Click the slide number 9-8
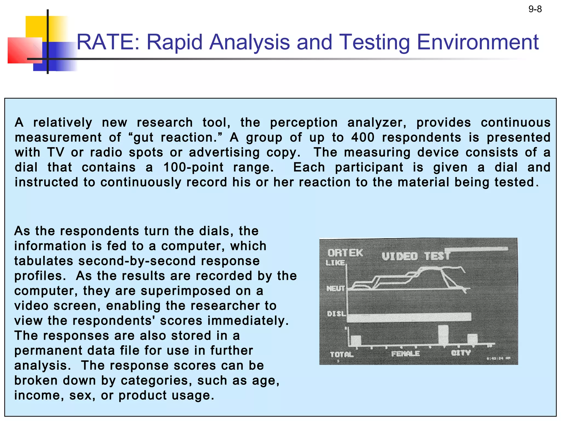[535, 9]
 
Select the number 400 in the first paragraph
[363, 137]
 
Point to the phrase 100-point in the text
[193, 167]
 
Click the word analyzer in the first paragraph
[377, 123]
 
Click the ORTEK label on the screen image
[345, 253]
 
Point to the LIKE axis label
[335, 263]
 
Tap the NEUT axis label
[335, 288]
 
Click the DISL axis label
[336, 314]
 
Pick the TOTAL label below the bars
[342, 354]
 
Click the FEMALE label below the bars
[405, 354]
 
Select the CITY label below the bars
[461, 352]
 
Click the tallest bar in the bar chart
[443, 335]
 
